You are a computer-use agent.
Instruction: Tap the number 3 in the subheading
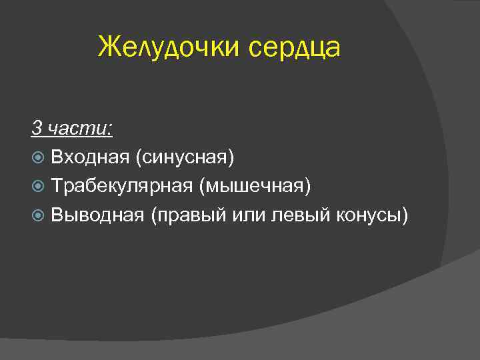pyautogui.click(x=35, y=127)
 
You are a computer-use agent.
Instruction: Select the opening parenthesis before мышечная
pyautogui.click(x=201, y=187)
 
